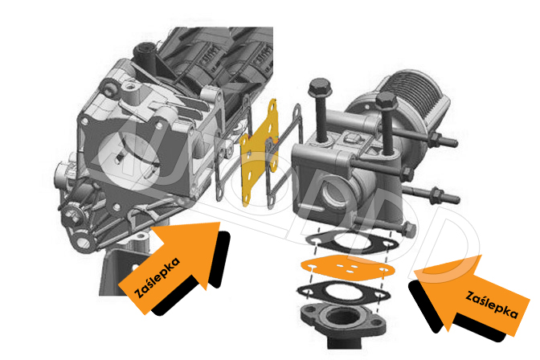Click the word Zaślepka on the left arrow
pos(157,277)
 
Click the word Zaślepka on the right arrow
pos(492,305)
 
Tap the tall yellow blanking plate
pos(260,152)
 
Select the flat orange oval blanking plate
pos(348,266)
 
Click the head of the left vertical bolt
pos(320,88)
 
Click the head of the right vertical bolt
pos(387,100)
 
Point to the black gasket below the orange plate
pos(343,292)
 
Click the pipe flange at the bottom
pos(342,320)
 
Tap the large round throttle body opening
pos(130,156)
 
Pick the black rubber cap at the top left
pos(145,55)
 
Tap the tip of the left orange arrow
pos(219,223)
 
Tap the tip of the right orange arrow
pos(414,271)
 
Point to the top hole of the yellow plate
pos(272,106)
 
